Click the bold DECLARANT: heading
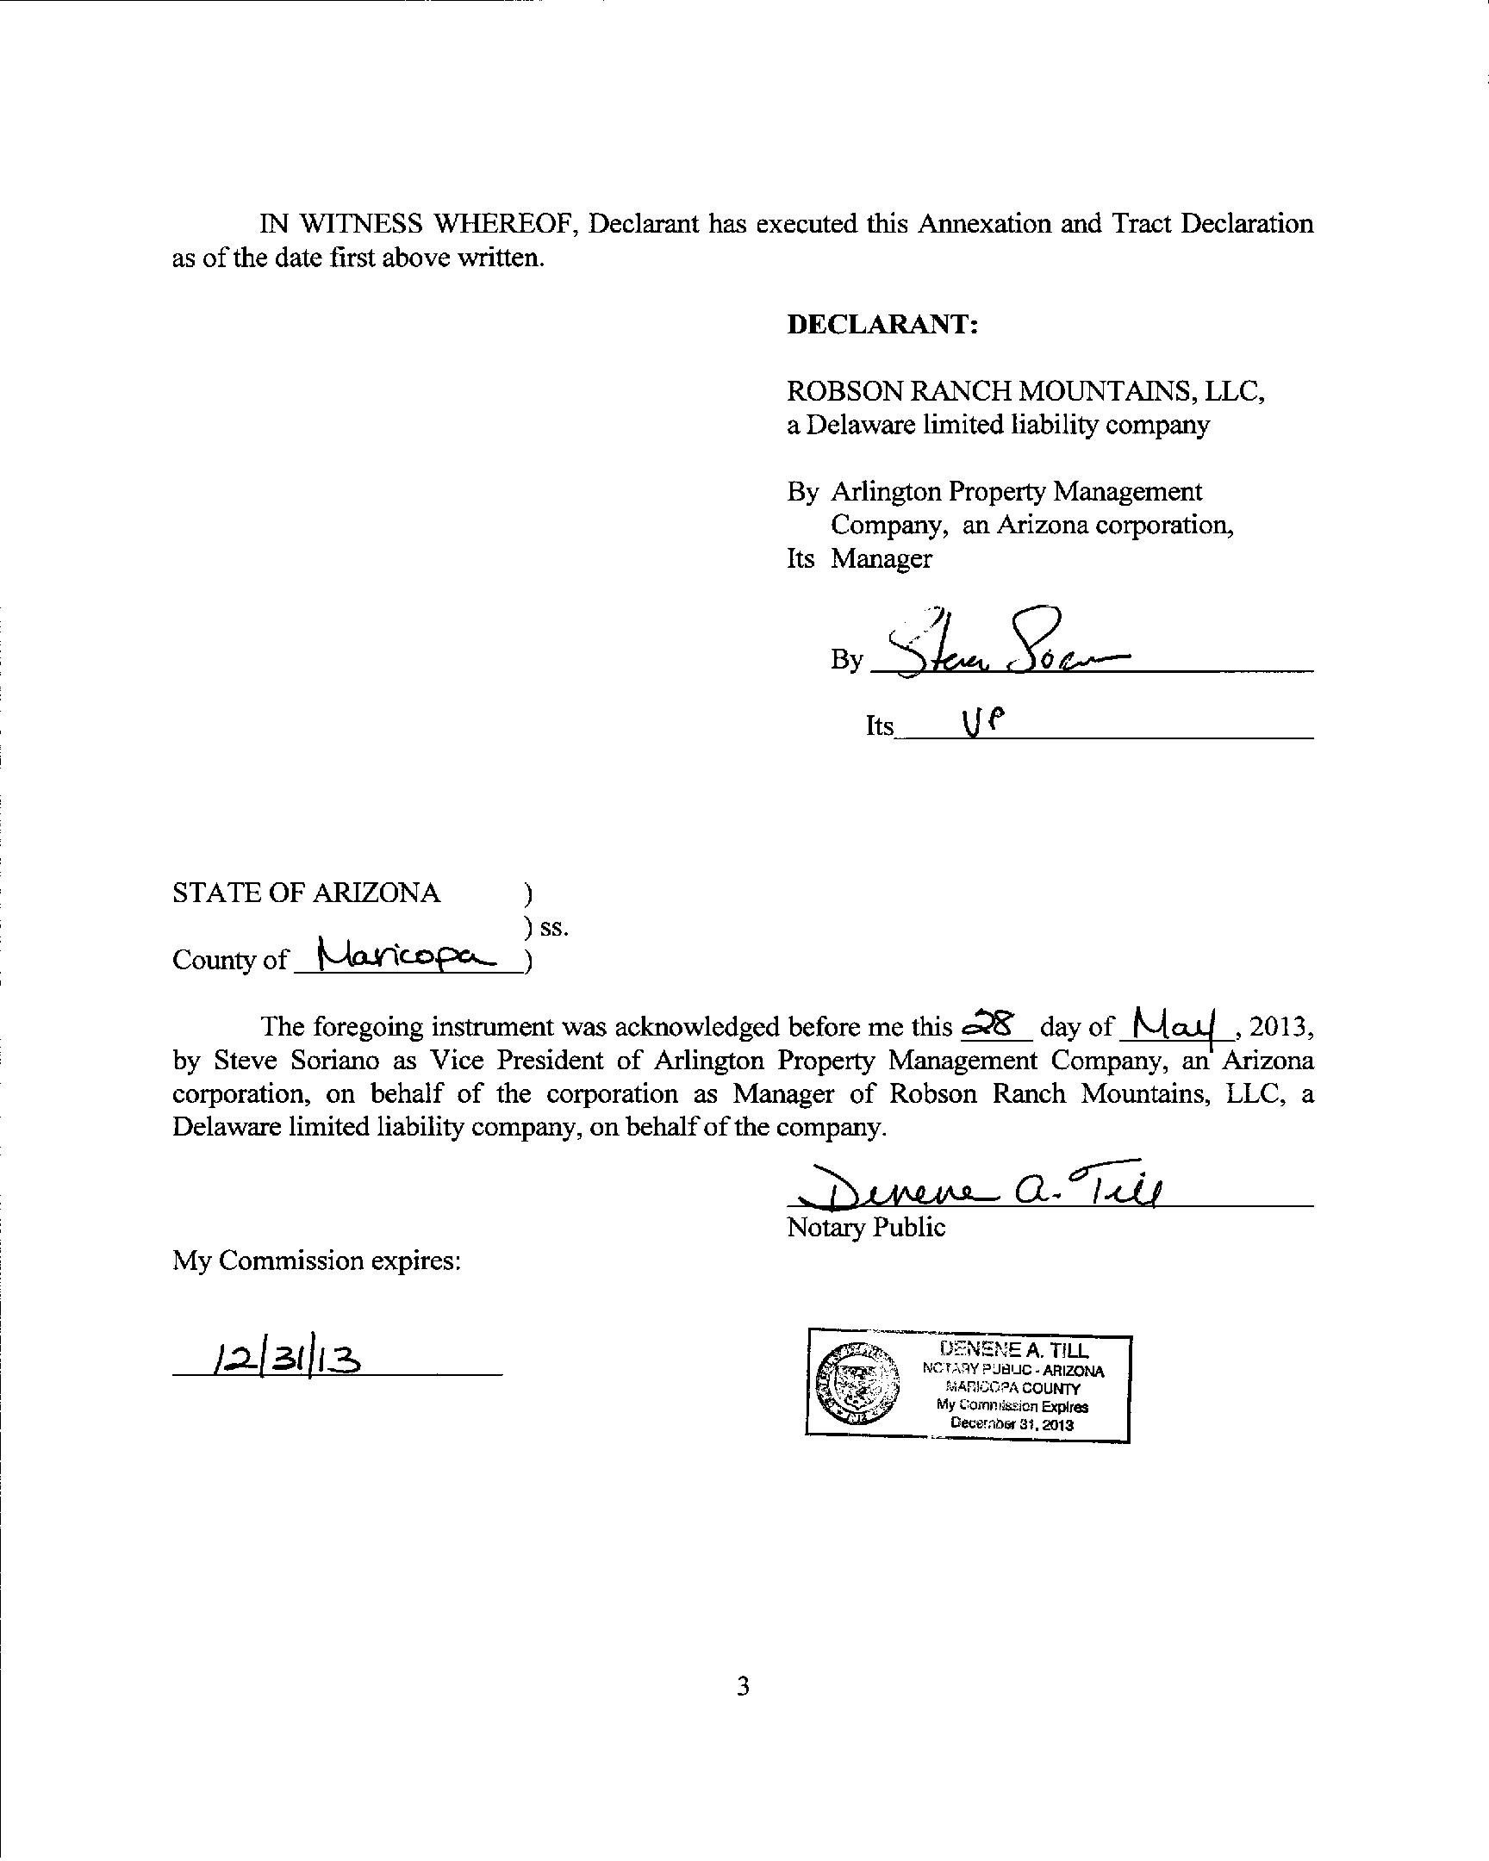882,325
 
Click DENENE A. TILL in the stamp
1014,1350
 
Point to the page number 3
743,1683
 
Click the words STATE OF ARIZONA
307,893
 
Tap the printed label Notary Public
866,1228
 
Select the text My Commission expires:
317,1261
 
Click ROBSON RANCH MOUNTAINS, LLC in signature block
1025,391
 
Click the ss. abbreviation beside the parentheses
553,928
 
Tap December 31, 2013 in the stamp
1011,1424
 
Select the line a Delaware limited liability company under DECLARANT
998,425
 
